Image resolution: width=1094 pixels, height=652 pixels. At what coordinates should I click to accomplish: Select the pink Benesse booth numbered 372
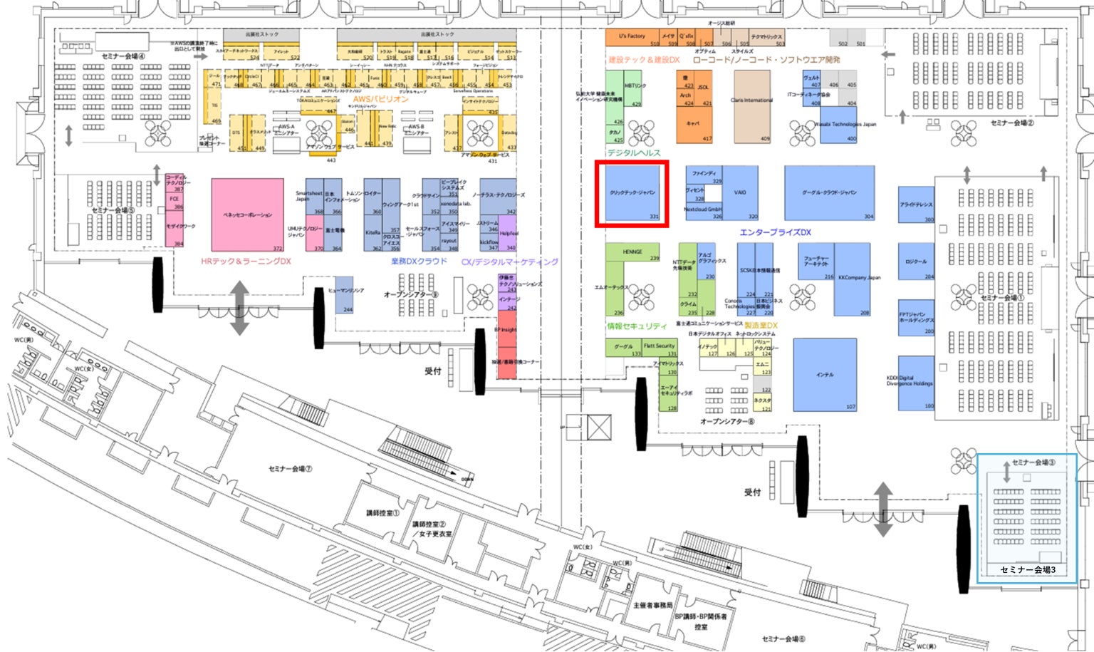[247, 214]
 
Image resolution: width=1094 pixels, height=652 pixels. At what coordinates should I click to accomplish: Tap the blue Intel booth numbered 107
[825, 375]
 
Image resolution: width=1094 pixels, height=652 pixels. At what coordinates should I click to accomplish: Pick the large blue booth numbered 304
[829, 193]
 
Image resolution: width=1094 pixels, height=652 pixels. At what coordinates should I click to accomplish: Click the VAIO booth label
[740, 192]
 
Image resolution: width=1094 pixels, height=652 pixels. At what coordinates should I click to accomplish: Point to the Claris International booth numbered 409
[752, 105]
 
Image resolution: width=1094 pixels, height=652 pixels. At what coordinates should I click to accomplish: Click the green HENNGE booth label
[632, 252]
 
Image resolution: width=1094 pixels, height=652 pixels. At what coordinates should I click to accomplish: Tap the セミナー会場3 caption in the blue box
[1028, 570]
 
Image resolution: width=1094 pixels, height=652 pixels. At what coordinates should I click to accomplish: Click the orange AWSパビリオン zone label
[381, 99]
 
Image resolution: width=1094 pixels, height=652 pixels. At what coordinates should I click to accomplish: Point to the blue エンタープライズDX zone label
[775, 232]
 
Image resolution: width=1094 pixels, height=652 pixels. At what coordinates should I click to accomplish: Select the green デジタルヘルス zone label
[633, 153]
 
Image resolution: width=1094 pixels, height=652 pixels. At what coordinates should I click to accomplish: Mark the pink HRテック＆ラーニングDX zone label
[246, 262]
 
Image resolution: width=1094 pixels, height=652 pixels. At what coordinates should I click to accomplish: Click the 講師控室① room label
[382, 513]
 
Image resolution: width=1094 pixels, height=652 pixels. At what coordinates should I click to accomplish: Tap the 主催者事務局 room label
[652, 606]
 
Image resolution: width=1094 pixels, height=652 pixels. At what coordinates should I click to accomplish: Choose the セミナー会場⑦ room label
[290, 469]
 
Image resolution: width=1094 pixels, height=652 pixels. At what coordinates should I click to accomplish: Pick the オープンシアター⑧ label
[726, 422]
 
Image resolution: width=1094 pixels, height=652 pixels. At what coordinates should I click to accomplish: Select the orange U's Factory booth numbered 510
[632, 37]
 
